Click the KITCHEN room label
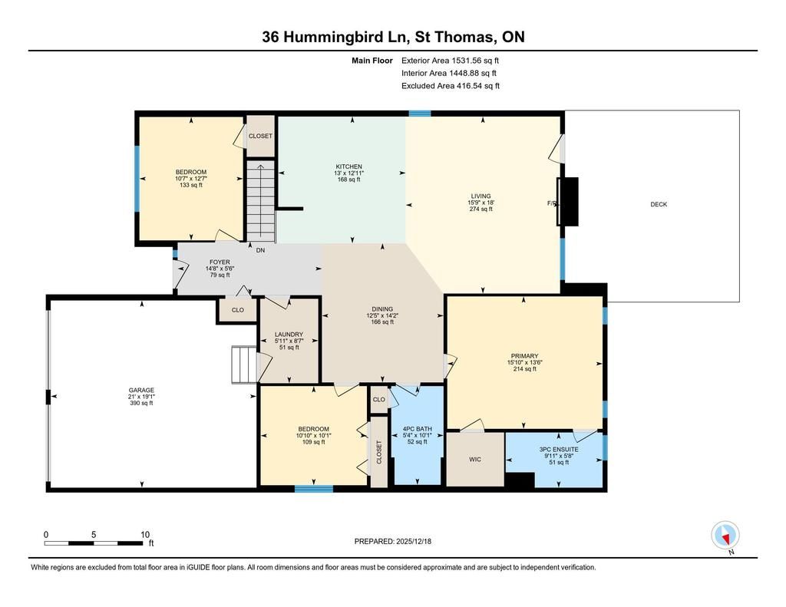(349, 167)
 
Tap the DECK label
(659, 204)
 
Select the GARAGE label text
(141, 390)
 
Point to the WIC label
(475, 459)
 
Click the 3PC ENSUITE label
(559, 450)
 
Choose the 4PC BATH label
(418, 429)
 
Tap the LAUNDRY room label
(289, 335)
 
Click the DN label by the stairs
(261, 250)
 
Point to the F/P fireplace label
(552, 203)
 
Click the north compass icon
(725, 536)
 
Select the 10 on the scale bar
(145, 535)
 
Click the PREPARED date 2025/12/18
(414, 541)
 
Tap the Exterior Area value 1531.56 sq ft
(475, 61)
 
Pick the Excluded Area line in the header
(451, 86)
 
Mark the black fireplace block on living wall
(569, 202)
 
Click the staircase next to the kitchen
(261, 201)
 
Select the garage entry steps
(244, 365)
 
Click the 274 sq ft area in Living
(481, 209)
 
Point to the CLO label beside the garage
(238, 310)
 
